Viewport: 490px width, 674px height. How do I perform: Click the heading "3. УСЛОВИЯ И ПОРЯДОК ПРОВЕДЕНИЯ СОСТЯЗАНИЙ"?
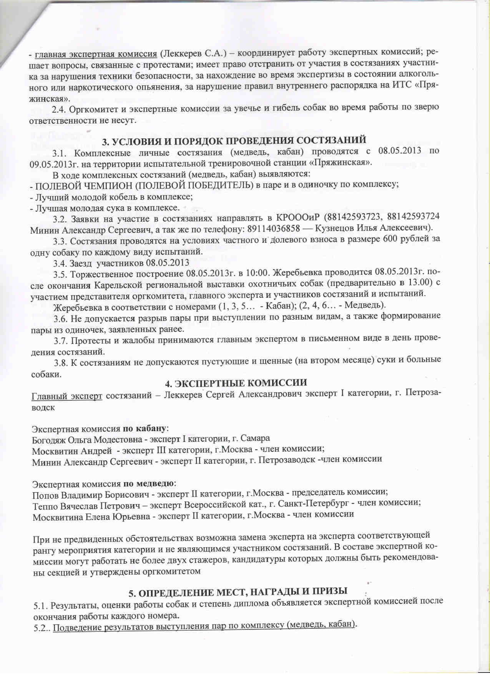(234, 141)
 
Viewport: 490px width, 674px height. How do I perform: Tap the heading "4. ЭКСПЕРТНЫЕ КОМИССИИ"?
(236, 383)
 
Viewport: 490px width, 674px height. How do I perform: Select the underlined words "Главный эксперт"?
(66, 396)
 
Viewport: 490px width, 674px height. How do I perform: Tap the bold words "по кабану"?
(145, 428)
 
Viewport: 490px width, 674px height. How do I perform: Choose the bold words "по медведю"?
(149, 483)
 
